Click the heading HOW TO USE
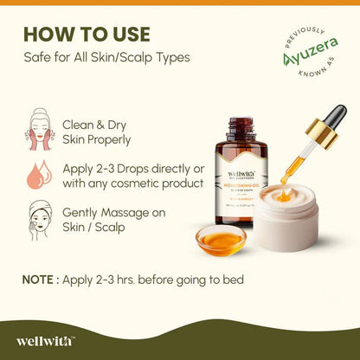[87, 35]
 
